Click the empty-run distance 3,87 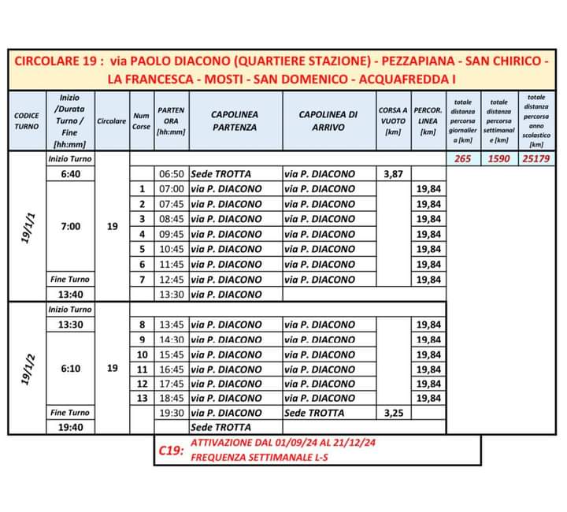click(x=393, y=173)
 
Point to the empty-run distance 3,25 click(x=393, y=413)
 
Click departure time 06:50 click(x=171, y=173)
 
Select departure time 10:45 click(x=171, y=249)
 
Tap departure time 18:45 click(x=171, y=398)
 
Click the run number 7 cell click(x=142, y=279)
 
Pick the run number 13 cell click(x=142, y=398)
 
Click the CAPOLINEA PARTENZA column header click(x=234, y=120)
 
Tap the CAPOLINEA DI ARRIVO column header click(x=328, y=120)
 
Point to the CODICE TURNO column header click(x=27, y=121)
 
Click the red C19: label click(x=170, y=451)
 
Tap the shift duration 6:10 click(x=70, y=368)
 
